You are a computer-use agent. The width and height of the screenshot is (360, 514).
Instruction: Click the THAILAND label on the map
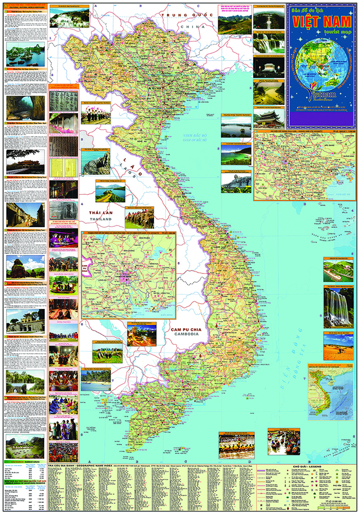click(x=100, y=219)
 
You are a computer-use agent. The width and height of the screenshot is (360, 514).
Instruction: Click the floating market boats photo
click(x=285, y=443)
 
